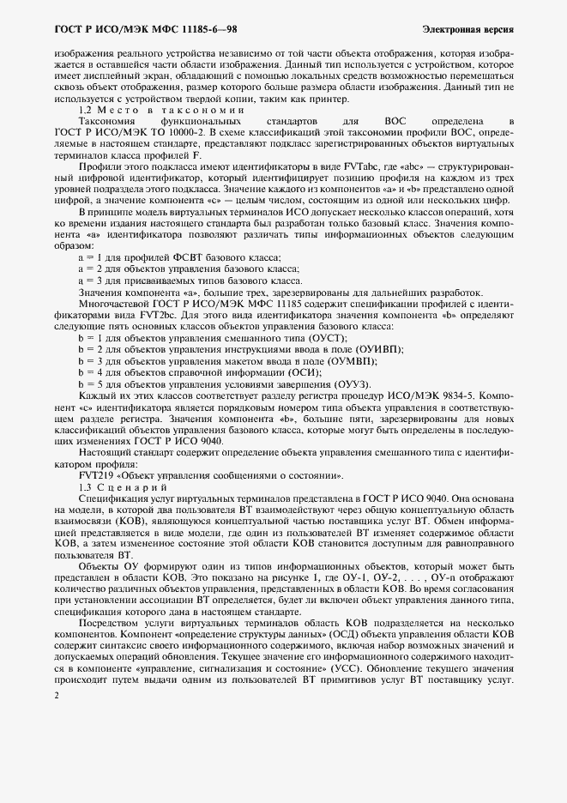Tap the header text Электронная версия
(x=467, y=29)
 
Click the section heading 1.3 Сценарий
(x=121, y=486)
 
